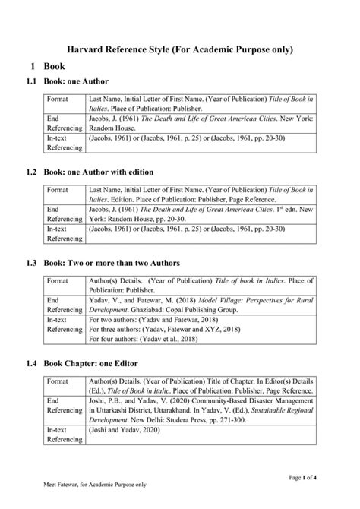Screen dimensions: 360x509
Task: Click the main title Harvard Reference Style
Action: point(180,49)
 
